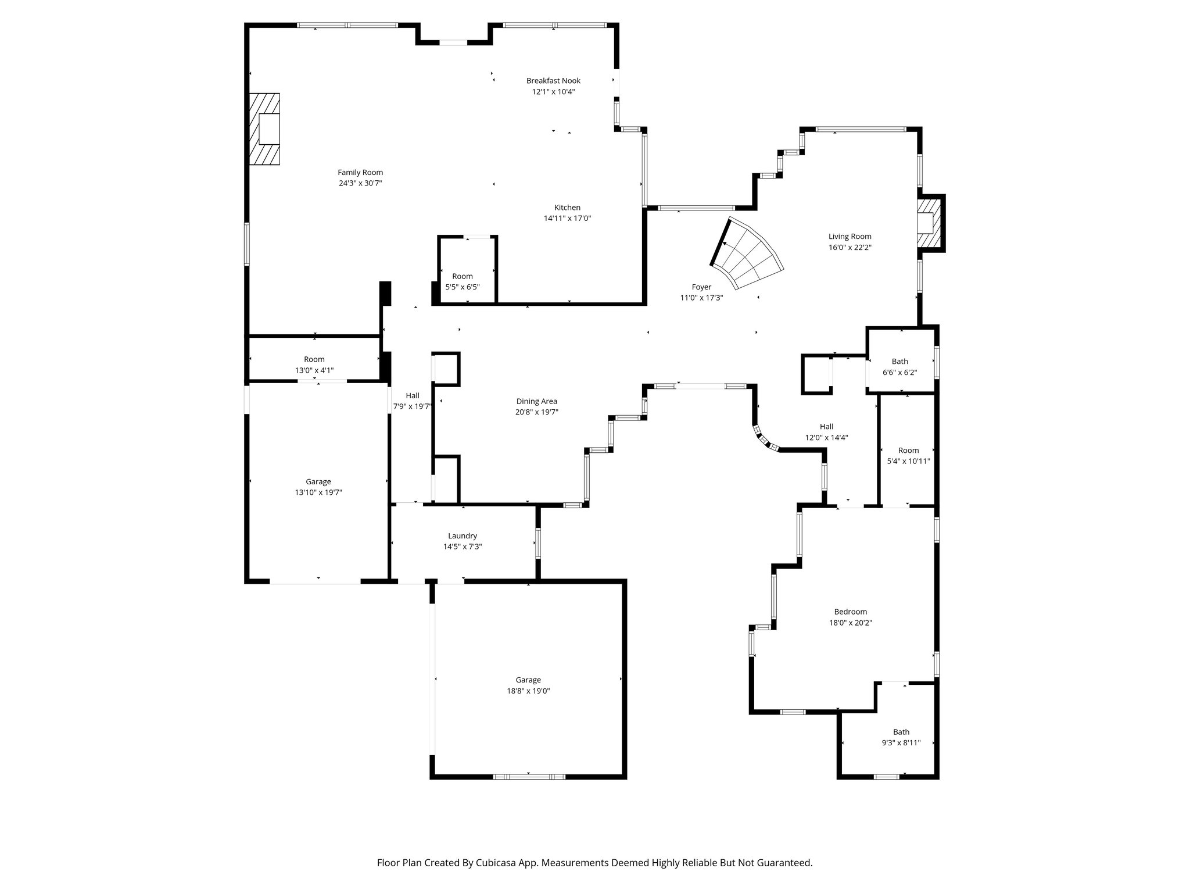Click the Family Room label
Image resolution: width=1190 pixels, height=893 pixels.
coord(360,173)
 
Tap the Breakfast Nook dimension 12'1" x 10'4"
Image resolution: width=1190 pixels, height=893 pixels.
coord(553,92)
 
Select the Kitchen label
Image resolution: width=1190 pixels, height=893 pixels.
coord(567,208)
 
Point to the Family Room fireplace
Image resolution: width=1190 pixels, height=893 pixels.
coord(265,129)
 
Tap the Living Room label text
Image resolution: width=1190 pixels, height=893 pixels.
coord(850,237)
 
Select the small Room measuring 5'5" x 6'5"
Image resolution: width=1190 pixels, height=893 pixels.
coord(463,281)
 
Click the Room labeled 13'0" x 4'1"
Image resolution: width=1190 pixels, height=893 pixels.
coord(314,365)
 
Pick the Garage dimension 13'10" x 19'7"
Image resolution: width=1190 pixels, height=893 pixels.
coord(318,492)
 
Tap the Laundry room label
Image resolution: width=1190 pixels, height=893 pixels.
coord(463,536)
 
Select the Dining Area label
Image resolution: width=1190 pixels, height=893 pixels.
coord(536,401)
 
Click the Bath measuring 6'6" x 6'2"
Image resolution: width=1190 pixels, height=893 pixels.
coord(899,367)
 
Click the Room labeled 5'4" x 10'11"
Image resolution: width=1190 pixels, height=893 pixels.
coord(908,456)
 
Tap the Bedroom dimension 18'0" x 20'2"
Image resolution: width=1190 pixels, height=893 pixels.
coord(851,623)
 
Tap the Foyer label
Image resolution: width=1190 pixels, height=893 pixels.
coord(701,287)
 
